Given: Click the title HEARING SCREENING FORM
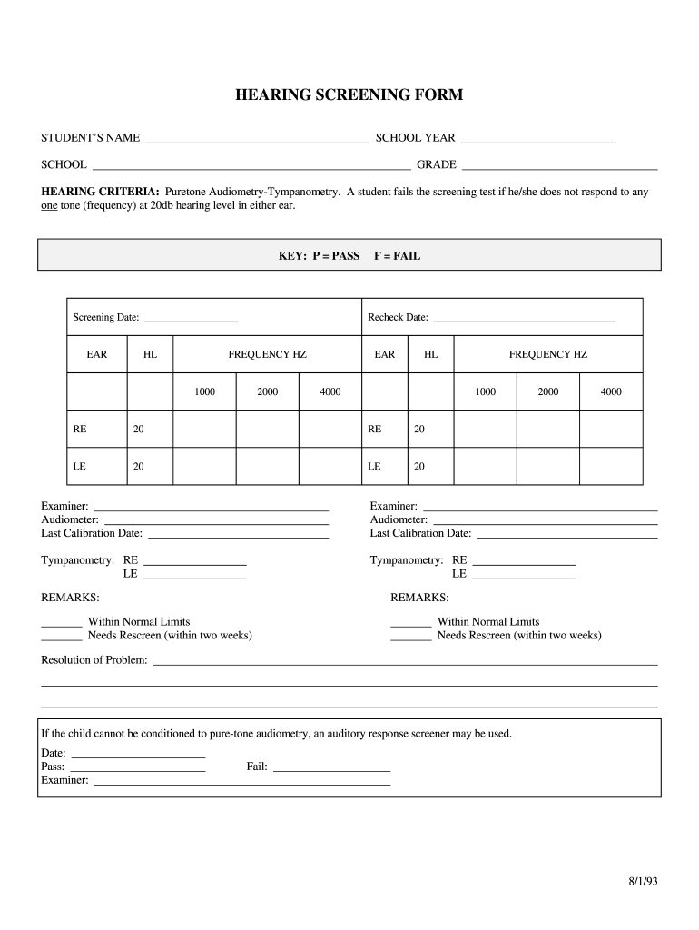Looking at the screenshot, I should tap(349, 94).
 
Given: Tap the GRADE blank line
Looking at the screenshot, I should tap(559, 168).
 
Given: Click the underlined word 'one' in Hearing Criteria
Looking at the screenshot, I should tap(49, 206).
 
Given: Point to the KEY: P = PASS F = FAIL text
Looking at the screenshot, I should tap(349, 256).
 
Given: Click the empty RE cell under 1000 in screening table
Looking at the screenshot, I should tap(204, 430).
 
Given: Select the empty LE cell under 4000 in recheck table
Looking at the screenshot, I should tap(611, 466).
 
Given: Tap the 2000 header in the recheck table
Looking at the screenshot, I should tap(548, 391).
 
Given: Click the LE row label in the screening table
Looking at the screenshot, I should tap(80, 466).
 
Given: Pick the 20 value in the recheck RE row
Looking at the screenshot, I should tap(419, 430).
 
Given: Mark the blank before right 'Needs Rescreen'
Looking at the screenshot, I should tap(410, 638).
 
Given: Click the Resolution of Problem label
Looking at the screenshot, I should tap(94, 659).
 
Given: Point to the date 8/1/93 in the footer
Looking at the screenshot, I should tap(641, 882).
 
